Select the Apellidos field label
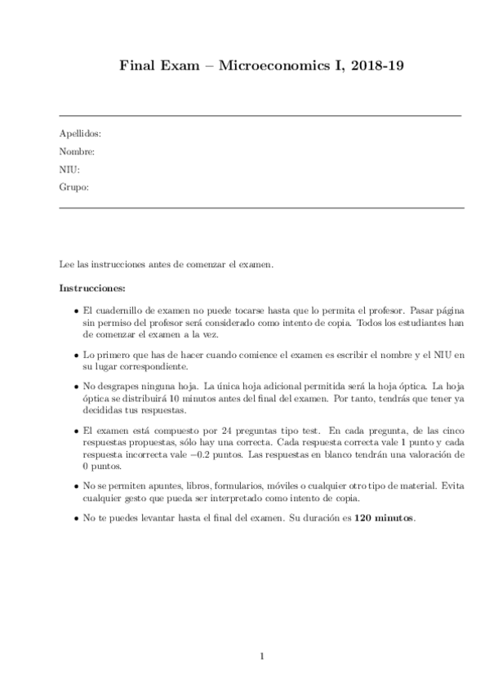click(x=80, y=132)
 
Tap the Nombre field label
click(x=78, y=151)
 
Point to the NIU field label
click(x=69, y=169)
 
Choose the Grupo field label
click(x=73, y=187)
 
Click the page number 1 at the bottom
click(x=261, y=655)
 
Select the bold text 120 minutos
click(x=385, y=517)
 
